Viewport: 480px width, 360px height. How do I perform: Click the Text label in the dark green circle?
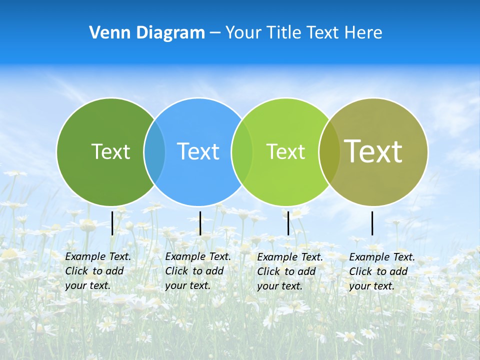tap(110, 151)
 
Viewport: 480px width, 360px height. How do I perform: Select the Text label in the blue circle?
tap(198, 151)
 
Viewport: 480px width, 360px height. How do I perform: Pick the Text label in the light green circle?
tap(285, 151)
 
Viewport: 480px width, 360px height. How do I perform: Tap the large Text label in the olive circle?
tap(373, 151)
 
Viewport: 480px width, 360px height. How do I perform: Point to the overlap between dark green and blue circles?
tap(154, 151)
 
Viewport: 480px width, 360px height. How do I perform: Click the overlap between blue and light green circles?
tap(242, 151)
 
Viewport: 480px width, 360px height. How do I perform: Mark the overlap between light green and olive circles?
tap(329, 151)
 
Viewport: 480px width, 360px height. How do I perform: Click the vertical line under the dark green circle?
tap(112, 223)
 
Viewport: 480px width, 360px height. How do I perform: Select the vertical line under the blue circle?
tap(200, 223)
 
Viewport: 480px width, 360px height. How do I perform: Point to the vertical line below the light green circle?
tap(288, 223)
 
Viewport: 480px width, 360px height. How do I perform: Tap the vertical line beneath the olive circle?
tap(372, 223)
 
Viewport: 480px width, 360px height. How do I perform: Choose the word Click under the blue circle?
tap(176, 271)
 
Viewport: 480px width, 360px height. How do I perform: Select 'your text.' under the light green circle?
tap(279, 286)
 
